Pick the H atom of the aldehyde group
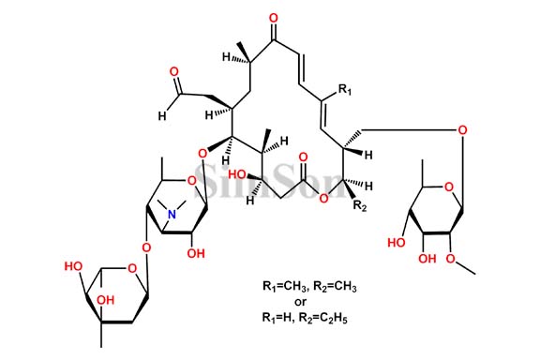(162, 115)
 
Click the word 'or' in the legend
(301, 301)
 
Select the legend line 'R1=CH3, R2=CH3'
(301, 285)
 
